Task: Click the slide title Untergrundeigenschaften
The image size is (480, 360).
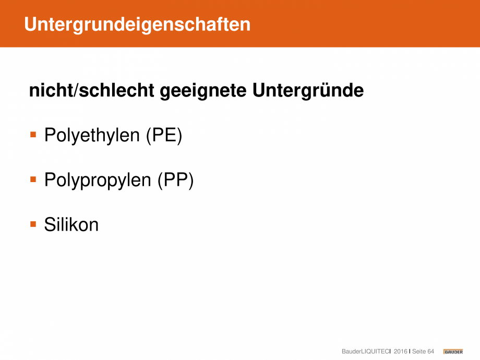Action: [x=137, y=25]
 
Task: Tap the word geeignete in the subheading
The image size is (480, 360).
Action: [x=203, y=91]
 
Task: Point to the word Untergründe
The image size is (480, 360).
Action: [x=308, y=90]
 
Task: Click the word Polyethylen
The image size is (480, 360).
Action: [x=92, y=135]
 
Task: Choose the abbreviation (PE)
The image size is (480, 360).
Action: [x=164, y=135]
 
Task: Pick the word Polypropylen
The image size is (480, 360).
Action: [x=98, y=180]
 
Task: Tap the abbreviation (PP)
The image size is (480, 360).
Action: [x=175, y=180]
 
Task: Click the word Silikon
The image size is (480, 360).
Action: [x=71, y=224]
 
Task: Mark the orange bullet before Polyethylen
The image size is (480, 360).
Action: [x=33, y=135]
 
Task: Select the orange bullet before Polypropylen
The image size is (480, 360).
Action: [x=33, y=179]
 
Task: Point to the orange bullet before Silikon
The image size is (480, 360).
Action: [x=33, y=224]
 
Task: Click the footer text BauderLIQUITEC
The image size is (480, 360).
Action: [x=366, y=352]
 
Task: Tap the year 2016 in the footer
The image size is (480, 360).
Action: [x=400, y=352]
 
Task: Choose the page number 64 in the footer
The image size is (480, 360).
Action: [x=431, y=352]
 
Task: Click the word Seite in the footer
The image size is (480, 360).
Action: [x=419, y=352]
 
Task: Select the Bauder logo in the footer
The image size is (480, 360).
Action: [x=453, y=352]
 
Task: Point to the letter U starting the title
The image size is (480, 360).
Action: [x=31, y=24]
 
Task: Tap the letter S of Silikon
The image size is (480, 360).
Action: [x=50, y=224]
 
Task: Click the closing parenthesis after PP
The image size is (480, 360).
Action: [x=191, y=181]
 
